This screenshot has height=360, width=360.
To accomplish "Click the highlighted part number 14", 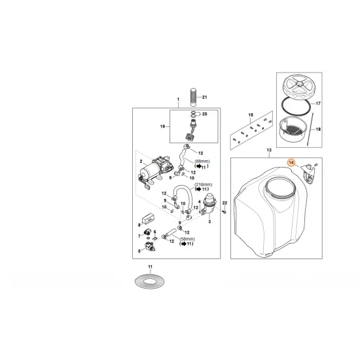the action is pos(291,162).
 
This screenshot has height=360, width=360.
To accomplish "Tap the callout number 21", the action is pos(205,97).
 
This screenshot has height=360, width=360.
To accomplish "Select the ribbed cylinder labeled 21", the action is pos(194,97).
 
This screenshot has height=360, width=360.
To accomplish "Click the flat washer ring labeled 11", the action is pos(150,281).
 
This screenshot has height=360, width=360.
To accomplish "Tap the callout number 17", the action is pos(318,103).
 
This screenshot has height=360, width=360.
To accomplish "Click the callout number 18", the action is pos(318,129).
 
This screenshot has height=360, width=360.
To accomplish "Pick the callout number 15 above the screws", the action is pos(251,115).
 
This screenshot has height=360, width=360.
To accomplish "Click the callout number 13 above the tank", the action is pos(269,150).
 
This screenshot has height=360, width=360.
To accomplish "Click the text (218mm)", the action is pos(204,185).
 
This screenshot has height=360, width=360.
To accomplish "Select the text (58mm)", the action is pos(187,239).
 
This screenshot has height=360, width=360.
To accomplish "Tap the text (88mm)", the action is pos(202,162).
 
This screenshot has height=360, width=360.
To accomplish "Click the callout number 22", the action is pos(225,203).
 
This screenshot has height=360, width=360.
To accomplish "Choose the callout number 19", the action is pos(162,126).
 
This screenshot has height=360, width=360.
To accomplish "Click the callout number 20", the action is pos(205,114).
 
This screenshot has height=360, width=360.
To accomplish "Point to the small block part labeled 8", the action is pos(148,218).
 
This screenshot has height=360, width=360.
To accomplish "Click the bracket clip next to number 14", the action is pos(308,173).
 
